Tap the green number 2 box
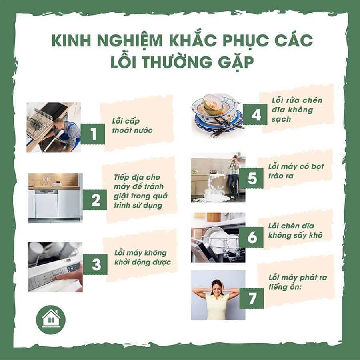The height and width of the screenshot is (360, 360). coord(95,200)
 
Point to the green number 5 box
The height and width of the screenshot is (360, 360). coord(252,178)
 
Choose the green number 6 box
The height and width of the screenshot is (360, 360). coord(252,237)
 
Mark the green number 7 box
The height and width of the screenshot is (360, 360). coord(252,299)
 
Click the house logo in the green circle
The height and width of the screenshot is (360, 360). coord(50,320)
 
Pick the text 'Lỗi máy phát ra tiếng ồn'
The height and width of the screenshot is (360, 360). coord(295,283)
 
